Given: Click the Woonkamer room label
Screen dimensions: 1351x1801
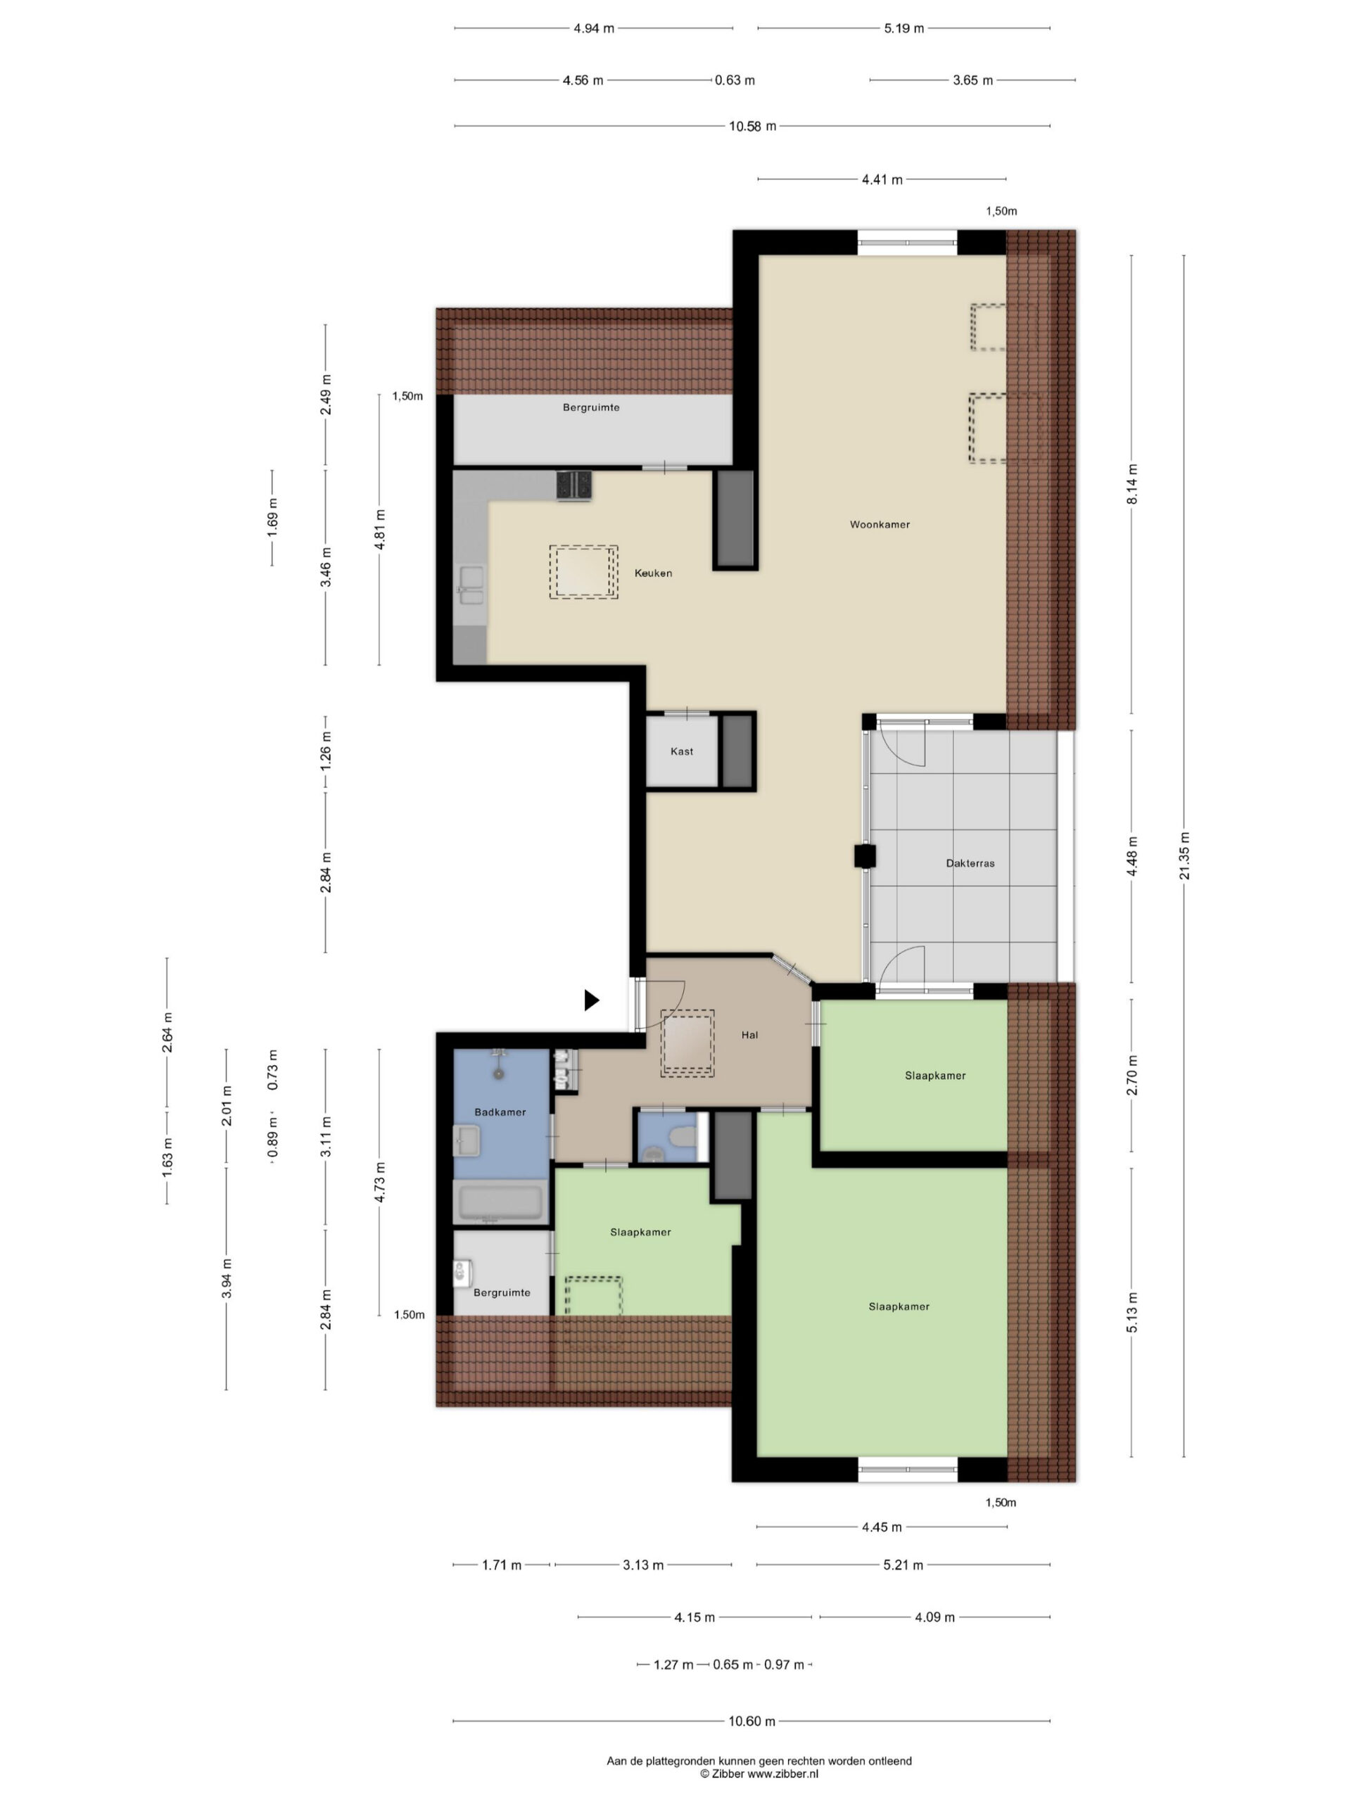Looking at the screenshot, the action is point(880,524).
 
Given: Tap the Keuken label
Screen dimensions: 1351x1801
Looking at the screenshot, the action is point(653,573).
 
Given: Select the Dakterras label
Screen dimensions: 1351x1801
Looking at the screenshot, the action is point(970,863).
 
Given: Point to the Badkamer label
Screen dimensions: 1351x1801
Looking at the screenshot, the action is point(500,1112).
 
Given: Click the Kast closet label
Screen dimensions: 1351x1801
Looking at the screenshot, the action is point(682,751).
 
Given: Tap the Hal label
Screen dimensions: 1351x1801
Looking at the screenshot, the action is point(749,1035).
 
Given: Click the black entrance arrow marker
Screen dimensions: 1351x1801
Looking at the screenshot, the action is point(592,1000).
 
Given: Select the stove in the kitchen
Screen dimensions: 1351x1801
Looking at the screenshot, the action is point(574,485).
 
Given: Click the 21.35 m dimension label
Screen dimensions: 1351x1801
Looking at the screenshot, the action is point(1184,855).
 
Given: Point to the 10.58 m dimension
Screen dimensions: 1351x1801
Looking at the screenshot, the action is point(752,126).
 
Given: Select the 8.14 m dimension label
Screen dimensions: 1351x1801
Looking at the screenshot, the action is point(1132,483).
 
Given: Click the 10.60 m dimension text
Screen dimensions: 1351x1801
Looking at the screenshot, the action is point(751,1722).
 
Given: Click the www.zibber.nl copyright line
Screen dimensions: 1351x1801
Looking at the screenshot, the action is point(759,1774).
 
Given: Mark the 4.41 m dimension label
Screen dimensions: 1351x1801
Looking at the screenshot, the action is point(882,179).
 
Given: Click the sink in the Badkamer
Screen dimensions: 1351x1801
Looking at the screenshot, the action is point(467,1140).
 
